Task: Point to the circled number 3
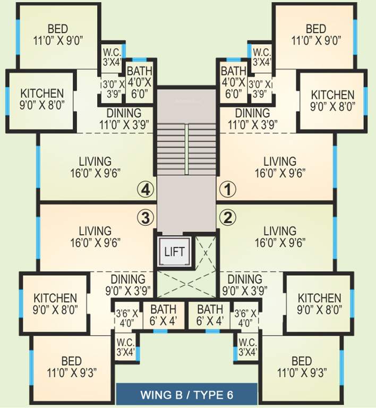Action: pyautogui.click(x=146, y=217)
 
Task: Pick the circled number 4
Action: pyautogui.click(x=146, y=188)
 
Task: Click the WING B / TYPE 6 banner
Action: pyautogui.click(x=187, y=395)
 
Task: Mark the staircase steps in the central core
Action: pyautogui.click(x=186, y=149)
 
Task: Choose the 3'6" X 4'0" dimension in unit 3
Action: pyautogui.click(x=127, y=318)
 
